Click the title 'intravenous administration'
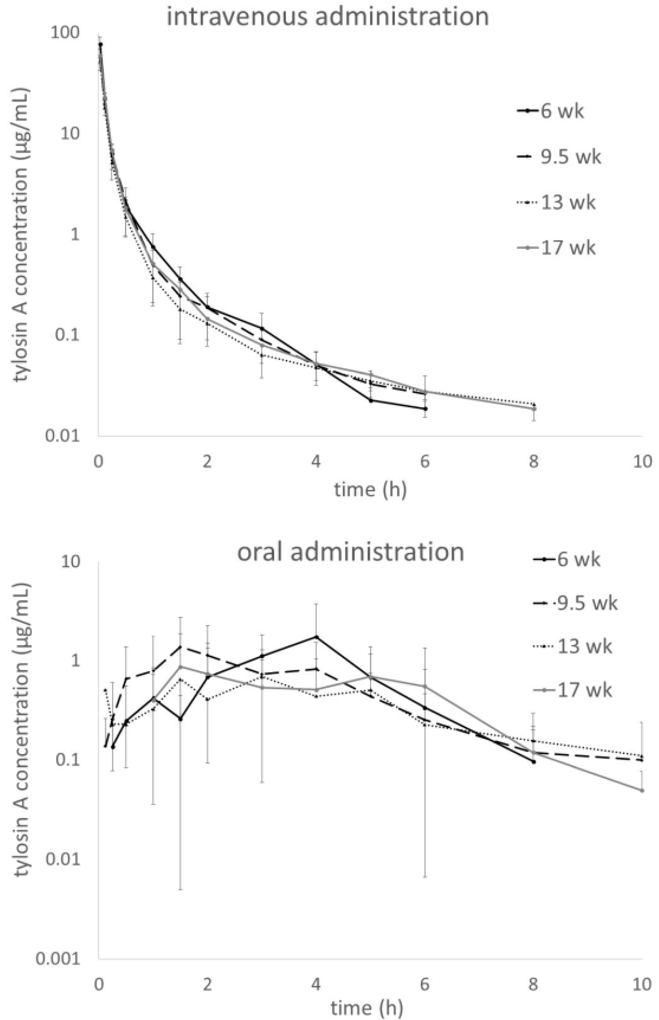click(328, 17)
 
